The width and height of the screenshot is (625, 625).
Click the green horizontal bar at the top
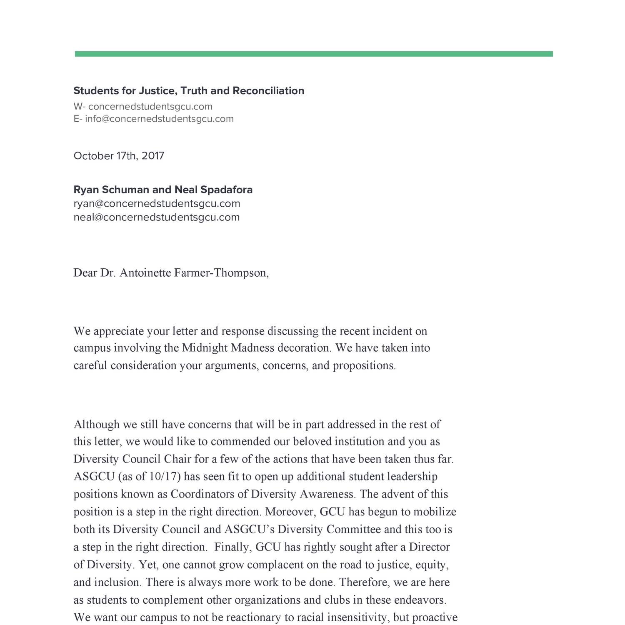(313, 54)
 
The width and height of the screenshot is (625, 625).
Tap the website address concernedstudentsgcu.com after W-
(150, 106)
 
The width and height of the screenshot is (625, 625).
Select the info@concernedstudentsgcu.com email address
(159, 119)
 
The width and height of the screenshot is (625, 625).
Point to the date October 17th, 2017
(119, 156)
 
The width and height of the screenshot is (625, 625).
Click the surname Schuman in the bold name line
(125, 190)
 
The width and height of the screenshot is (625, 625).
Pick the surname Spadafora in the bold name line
(226, 190)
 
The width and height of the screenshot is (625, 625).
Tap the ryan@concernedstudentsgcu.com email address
(157, 204)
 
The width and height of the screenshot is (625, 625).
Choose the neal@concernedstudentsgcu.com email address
(156, 217)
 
